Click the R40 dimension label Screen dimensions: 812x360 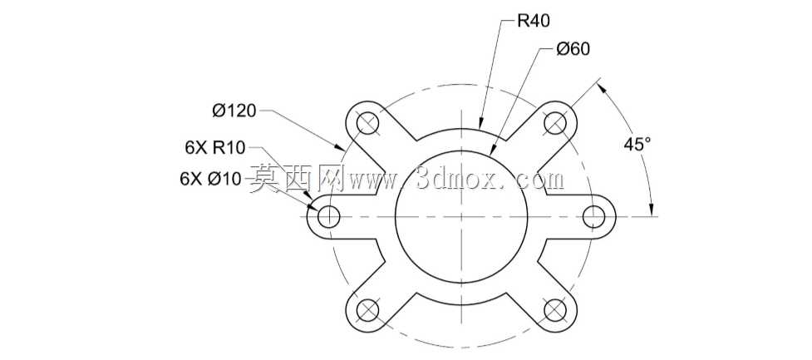pyautogui.click(x=534, y=21)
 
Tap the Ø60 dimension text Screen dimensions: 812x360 pyautogui.click(x=573, y=49)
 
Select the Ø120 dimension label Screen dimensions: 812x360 pyautogui.click(x=234, y=111)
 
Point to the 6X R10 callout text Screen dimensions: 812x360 pyautogui.click(x=214, y=148)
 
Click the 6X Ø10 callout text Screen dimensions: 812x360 pyautogui.click(x=210, y=179)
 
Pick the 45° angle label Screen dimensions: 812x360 pyautogui.click(x=637, y=144)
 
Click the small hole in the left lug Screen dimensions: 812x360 pyautogui.click(x=329, y=216)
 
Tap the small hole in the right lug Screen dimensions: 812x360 pyautogui.click(x=594, y=216)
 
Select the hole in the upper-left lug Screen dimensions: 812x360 pyautogui.click(x=368, y=123)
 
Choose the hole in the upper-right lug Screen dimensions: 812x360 pyautogui.click(x=554, y=123)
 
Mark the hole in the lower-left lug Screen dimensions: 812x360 pyautogui.click(x=368, y=310)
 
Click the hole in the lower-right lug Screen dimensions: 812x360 pyautogui.click(x=554, y=310)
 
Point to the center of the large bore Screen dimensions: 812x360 pyautogui.click(x=461, y=216)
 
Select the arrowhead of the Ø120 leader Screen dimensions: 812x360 pyautogui.click(x=340, y=146)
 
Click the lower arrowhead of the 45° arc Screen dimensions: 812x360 pyautogui.click(x=652, y=209)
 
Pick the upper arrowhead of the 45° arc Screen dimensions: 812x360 pyautogui.click(x=603, y=89)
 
